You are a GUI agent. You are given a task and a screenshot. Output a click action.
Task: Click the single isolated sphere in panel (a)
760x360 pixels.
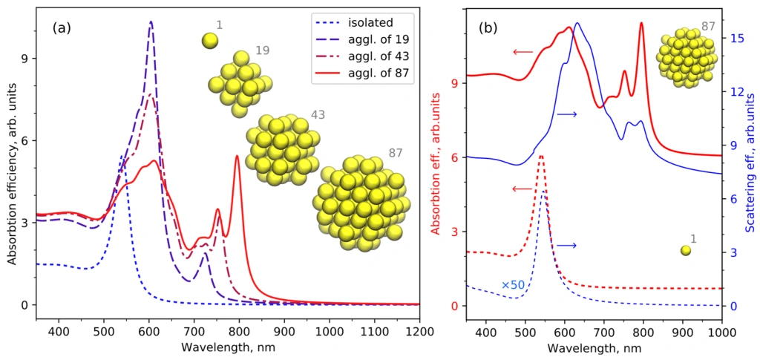coord(210,40)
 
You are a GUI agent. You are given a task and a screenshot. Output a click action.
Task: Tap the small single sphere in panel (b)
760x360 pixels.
coord(685,251)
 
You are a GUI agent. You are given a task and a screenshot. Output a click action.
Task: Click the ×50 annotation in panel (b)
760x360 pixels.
coord(513,285)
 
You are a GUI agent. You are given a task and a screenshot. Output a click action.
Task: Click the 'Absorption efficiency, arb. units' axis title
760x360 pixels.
coord(12,159)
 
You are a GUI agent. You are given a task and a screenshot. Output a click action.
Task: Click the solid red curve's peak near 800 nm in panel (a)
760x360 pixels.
coord(237,156)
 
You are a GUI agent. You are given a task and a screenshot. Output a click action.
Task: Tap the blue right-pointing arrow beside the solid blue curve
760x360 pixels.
coord(567,114)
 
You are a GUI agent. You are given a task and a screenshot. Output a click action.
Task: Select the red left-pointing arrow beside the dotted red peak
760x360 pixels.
coord(522,189)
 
